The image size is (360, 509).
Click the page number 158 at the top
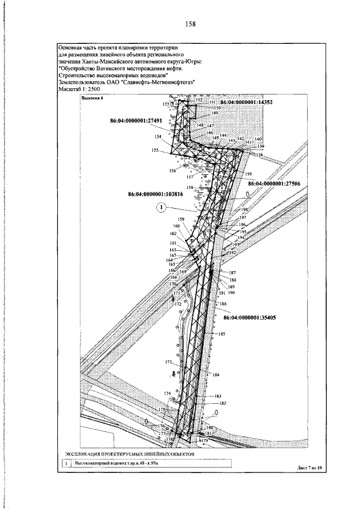tap(191, 24)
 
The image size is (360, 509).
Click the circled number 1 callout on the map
tap(161, 208)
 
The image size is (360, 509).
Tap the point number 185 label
tap(221, 334)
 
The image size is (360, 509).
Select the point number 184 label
tap(215, 375)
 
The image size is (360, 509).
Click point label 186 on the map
tap(223, 304)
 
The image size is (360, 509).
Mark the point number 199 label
tap(249, 174)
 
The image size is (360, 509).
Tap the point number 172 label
tap(178, 304)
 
